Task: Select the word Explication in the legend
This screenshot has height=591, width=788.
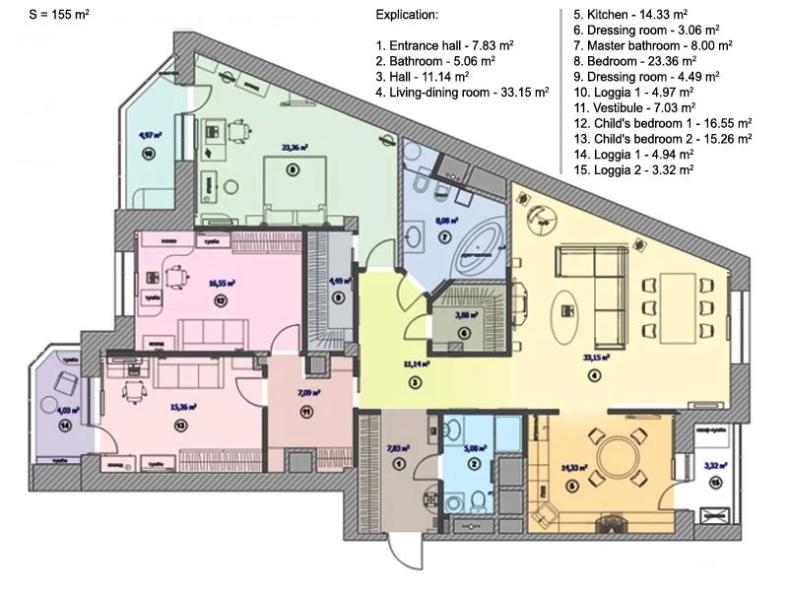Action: pyautogui.click(x=408, y=17)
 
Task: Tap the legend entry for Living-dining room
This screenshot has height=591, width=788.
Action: pyautogui.click(x=462, y=94)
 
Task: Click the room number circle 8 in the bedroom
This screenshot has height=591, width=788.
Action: pyautogui.click(x=292, y=169)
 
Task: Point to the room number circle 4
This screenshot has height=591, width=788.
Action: pyautogui.click(x=594, y=374)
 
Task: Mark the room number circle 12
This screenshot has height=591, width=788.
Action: pyautogui.click(x=220, y=300)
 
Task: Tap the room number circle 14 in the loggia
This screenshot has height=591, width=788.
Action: pyautogui.click(x=64, y=426)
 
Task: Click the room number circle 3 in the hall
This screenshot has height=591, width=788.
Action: pyautogui.click(x=416, y=382)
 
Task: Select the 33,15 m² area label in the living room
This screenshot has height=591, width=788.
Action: pyautogui.click(x=592, y=358)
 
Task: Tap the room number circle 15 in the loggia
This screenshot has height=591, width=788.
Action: pyautogui.click(x=714, y=482)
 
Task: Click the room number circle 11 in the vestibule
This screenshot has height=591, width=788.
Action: pyautogui.click(x=306, y=412)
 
